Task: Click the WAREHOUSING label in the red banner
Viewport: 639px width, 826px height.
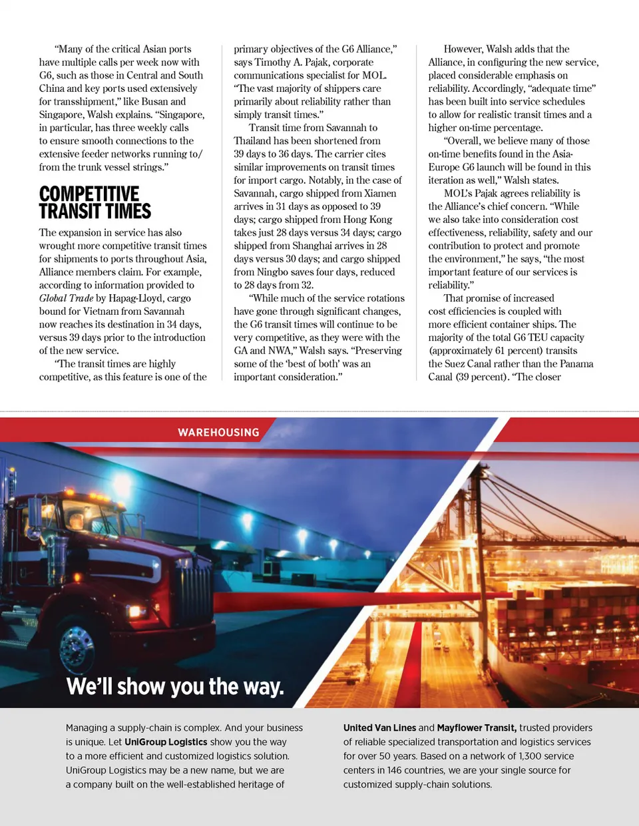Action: pos(218,433)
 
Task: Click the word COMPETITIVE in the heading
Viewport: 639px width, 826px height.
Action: pos(89,194)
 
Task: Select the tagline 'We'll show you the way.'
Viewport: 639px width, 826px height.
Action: pos(175,686)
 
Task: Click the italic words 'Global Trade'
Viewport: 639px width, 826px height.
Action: pos(66,298)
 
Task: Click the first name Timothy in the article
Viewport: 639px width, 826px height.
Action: pos(273,62)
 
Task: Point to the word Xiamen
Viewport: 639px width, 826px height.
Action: pos(380,193)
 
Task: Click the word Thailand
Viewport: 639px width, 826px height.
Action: pos(252,140)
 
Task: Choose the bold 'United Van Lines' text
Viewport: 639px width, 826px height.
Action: pos(379,727)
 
